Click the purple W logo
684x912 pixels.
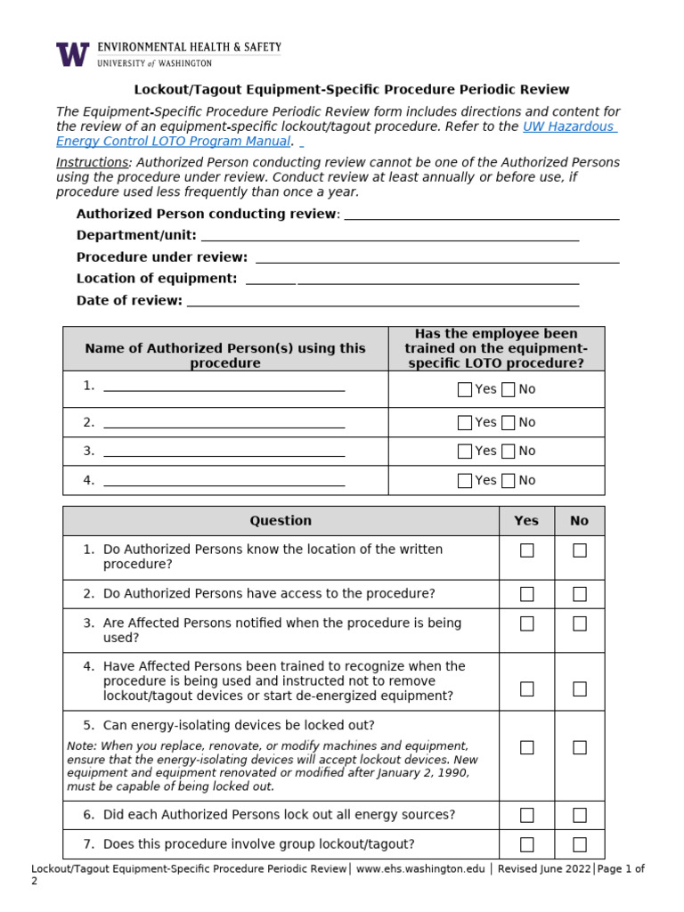pyautogui.click(x=73, y=54)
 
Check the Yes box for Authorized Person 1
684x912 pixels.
pyautogui.click(x=465, y=389)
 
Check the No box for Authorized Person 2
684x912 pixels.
pyautogui.click(x=509, y=422)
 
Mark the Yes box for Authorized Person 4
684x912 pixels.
pyautogui.click(x=465, y=481)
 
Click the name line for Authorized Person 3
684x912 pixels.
pyautogui.click(x=224, y=452)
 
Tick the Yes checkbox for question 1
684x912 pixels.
pyautogui.click(x=527, y=550)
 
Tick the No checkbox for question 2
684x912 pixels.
pyautogui.click(x=580, y=594)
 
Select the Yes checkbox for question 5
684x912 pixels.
pyautogui.click(x=527, y=747)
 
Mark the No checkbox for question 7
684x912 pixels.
pyautogui.click(x=580, y=844)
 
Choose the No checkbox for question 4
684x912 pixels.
pyautogui.click(x=580, y=688)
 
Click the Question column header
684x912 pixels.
pyautogui.click(x=281, y=521)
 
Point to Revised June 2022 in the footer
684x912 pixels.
pyautogui.click(x=543, y=869)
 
